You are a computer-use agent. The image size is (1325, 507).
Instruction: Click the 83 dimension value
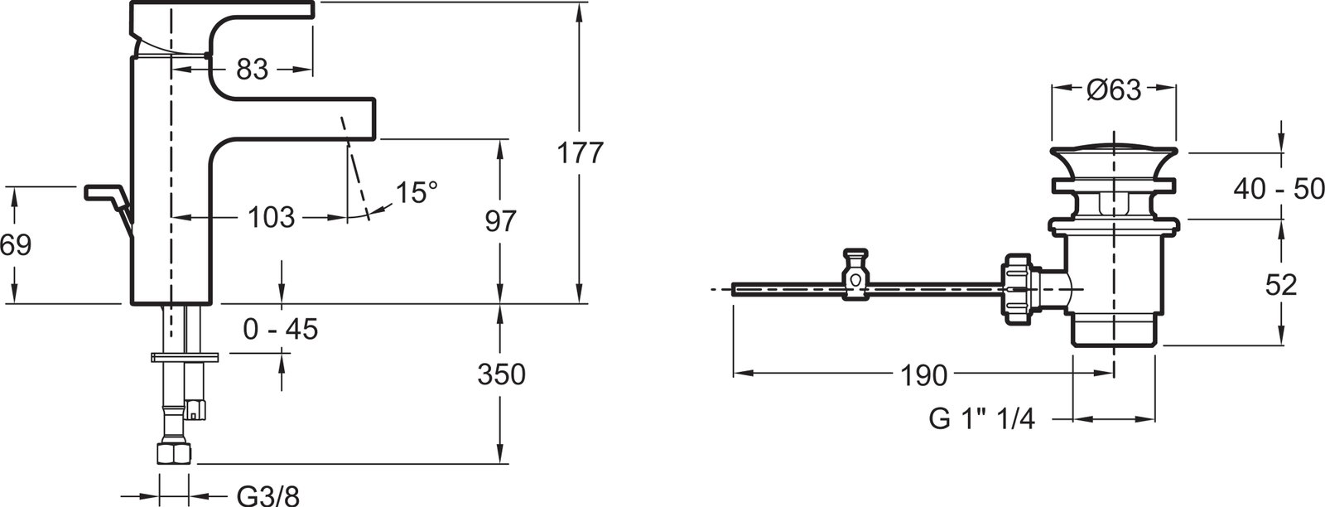[x=252, y=70]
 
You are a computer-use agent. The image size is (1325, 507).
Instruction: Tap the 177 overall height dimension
[x=580, y=153]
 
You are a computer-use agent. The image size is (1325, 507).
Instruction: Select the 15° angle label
[x=417, y=193]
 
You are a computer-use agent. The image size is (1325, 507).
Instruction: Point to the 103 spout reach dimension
[x=271, y=218]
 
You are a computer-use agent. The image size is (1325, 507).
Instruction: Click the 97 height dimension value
[x=500, y=221]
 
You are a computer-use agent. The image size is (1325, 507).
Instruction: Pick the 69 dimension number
[x=16, y=245]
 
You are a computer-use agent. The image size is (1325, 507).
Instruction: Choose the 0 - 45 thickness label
[x=281, y=329]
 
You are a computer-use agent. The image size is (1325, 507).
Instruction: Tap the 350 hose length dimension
[x=502, y=374]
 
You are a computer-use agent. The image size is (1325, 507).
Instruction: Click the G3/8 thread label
[x=268, y=495]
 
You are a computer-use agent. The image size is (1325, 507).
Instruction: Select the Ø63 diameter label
[x=1114, y=90]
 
